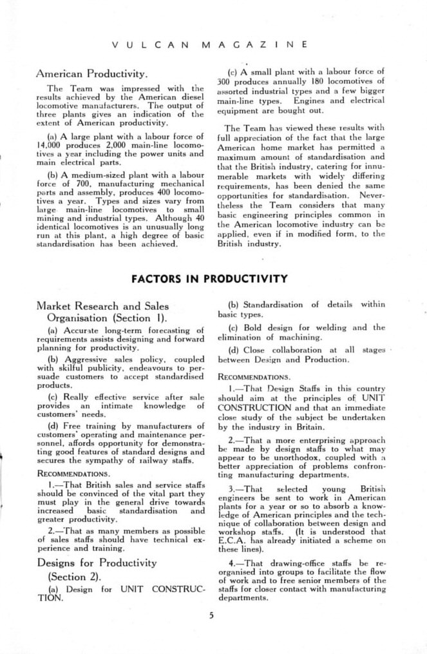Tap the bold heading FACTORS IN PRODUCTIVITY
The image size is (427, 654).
pos(209,279)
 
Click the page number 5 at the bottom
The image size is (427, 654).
pos(210,614)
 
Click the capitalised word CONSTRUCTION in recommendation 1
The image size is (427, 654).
pos(252,407)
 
